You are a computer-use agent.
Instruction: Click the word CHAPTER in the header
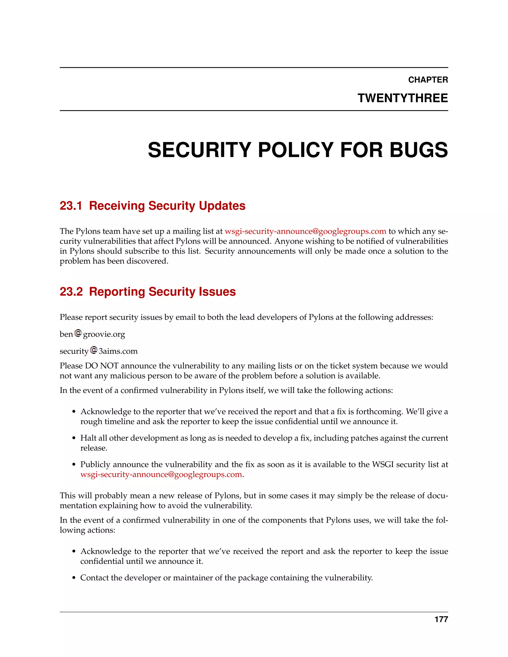click(x=428, y=80)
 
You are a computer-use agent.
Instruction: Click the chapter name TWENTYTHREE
click(x=402, y=98)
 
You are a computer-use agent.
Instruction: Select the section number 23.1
click(x=71, y=206)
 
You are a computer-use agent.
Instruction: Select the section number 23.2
click(x=71, y=292)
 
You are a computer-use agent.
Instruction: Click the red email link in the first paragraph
click(x=305, y=231)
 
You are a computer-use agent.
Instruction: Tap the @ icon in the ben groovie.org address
click(x=78, y=333)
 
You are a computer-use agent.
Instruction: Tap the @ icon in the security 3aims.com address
click(x=94, y=350)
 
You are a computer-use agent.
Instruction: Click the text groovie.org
click(x=104, y=334)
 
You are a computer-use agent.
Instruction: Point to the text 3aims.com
click(x=118, y=351)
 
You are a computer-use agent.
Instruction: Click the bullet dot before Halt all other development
click(x=74, y=439)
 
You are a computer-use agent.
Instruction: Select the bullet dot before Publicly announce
click(x=74, y=465)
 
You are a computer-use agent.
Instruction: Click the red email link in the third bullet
click(x=161, y=475)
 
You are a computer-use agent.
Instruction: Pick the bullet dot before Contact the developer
click(x=74, y=578)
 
